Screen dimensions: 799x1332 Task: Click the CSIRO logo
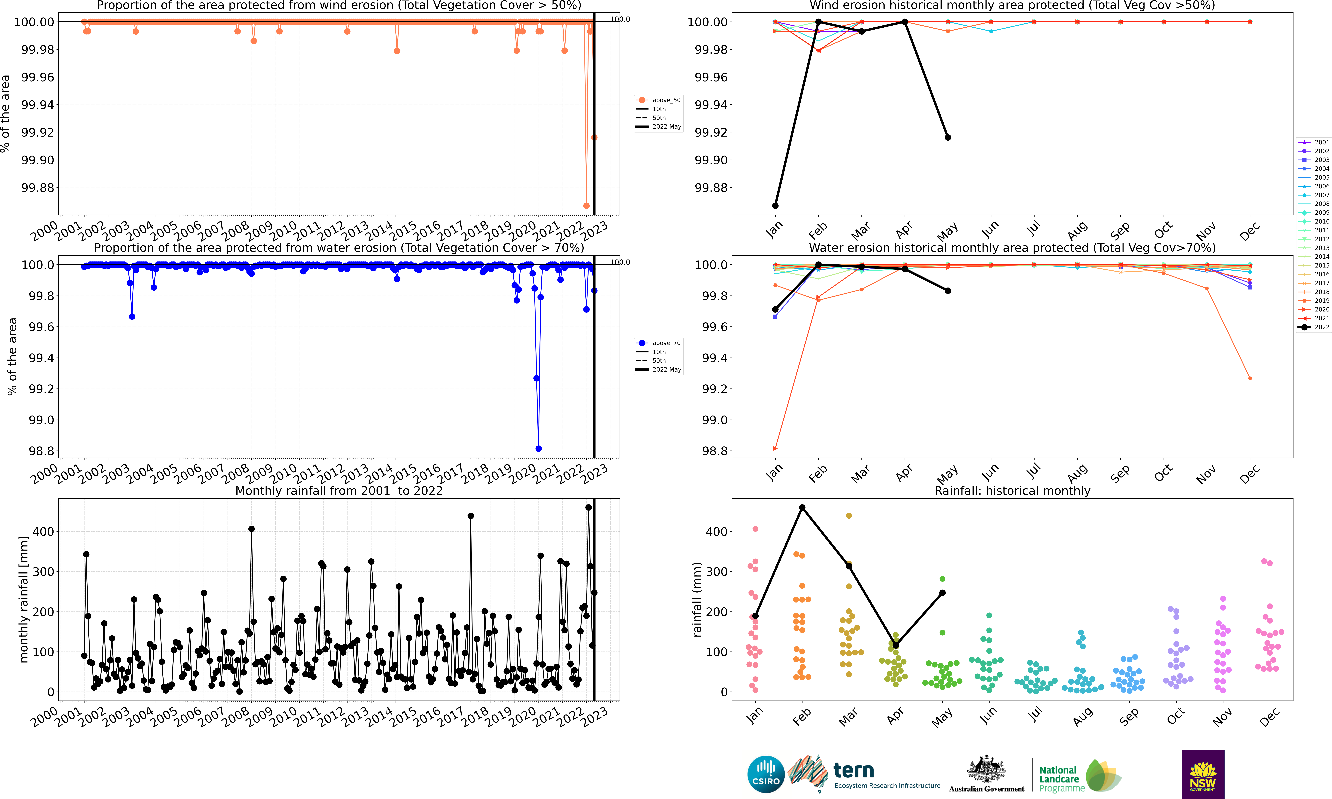click(x=765, y=774)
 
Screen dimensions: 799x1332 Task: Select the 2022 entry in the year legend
click(x=1314, y=327)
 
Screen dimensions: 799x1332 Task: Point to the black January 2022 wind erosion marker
click(x=775, y=206)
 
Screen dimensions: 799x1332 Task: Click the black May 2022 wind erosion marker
click(x=948, y=137)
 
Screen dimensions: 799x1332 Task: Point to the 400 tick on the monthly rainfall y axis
click(x=43, y=531)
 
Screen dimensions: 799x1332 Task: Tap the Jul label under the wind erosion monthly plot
click(x=1033, y=229)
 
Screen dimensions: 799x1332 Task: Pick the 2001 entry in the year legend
click(x=1314, y=142)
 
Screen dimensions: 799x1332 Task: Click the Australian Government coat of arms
click(x=986, y=769)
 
